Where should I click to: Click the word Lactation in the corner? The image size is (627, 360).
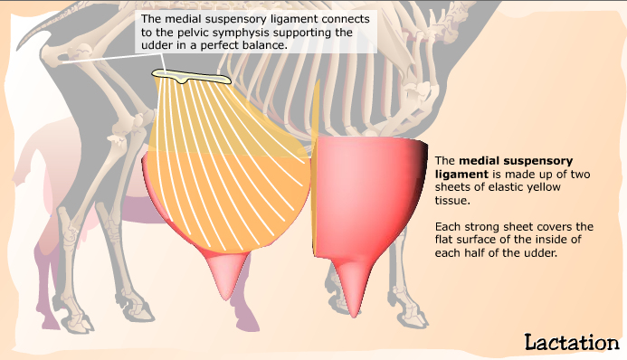point(571,341)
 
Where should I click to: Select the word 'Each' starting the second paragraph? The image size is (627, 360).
point(449,225)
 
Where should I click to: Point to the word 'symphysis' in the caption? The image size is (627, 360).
point(230,33)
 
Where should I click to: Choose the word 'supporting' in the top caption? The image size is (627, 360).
point(305,33)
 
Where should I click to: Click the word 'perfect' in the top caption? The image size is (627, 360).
point(214,47)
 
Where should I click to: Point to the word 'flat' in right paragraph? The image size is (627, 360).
point(447,239)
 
